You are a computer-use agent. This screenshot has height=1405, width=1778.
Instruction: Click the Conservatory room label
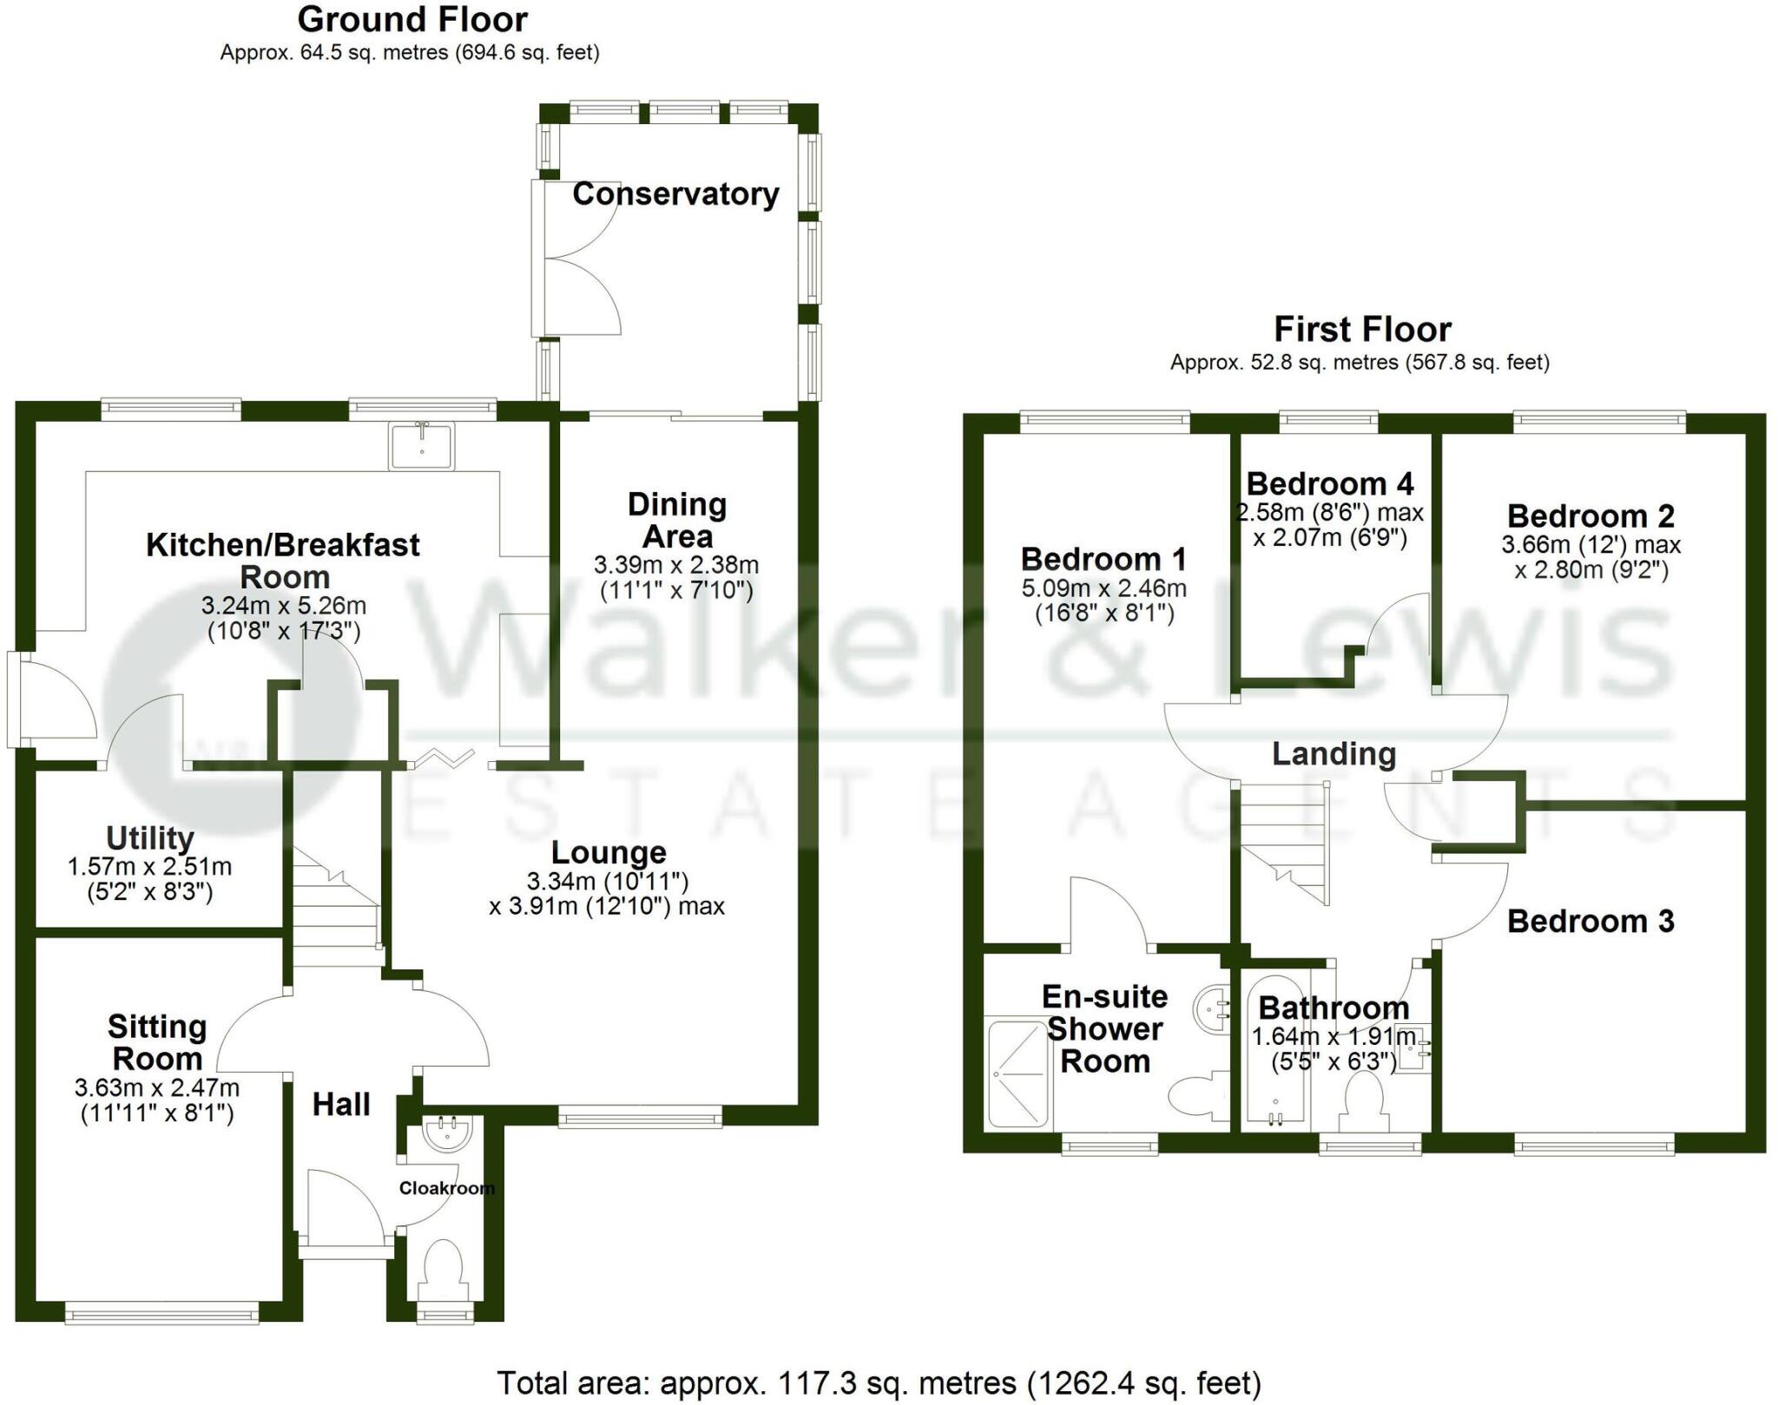tap(675, 194)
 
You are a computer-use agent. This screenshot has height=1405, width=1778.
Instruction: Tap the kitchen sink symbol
tap(422, 445)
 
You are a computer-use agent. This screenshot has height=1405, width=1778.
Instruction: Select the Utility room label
tap(149, 838)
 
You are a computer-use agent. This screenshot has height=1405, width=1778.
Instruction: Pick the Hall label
tap(341, 1104)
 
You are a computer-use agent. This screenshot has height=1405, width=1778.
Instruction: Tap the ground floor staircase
tap(337, 907)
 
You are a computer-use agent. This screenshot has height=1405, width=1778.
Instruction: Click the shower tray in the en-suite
tap(1018, 1073)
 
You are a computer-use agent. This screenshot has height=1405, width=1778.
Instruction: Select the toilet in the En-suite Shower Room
tap(1199, 1096)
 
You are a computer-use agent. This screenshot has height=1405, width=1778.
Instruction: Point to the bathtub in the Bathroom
tap(1274, 1051)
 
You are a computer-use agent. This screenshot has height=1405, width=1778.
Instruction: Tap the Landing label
tap(1333, 753)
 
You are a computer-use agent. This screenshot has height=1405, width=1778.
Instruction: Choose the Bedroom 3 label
tap(1590, 921)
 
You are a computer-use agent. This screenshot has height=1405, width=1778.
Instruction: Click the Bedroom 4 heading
tap(1330, 483)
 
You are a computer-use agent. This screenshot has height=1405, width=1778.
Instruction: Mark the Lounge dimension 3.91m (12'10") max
tap(607, 906)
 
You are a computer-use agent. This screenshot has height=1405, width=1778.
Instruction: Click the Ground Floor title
tap(412, 19)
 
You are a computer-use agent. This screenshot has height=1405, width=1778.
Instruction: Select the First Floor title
tap(1362, 329)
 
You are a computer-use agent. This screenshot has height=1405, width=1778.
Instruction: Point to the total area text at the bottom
tap(879, 1382)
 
